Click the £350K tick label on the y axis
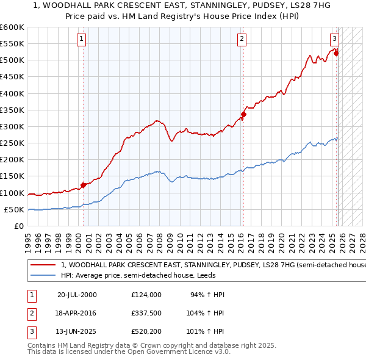pyautogui.click(x=12, y=110)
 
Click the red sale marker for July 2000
pyautogui.click(x=83, y=185)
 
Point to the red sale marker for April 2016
pyautogui.click(x=243, y=114)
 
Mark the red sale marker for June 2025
pyautogui.click(x=336, y=54)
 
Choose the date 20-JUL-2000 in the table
pyautogui.click(x=77, y=295)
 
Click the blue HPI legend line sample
pyautogui.click(x=44, y=275)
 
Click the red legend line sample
pyautogui.click(x=44, y=265)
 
